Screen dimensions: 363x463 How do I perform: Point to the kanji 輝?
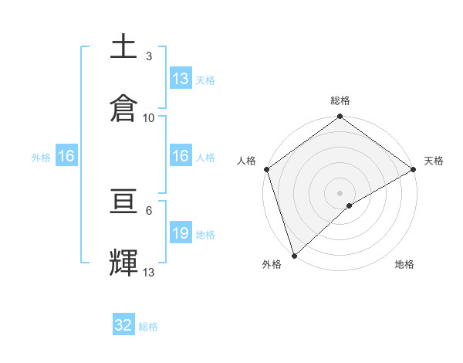[124, 262]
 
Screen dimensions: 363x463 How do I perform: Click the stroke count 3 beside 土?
[148, 56]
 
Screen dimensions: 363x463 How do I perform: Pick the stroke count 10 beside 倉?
[149, 117]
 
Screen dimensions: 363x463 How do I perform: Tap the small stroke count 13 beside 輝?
[149, 273]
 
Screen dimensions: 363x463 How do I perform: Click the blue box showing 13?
[181, 79]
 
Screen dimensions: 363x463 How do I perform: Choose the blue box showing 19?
[181, 234]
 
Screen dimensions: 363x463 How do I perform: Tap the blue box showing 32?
[123, 325]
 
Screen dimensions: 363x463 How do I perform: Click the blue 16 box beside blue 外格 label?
[66, 157]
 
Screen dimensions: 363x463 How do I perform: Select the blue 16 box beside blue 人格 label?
[181, 157]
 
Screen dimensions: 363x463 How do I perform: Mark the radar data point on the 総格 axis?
[340, 117]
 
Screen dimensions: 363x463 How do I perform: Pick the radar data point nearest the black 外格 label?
[294, 255]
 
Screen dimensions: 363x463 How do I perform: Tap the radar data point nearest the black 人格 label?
[266, 169]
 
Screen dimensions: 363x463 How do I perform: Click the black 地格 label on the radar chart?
[404, 265]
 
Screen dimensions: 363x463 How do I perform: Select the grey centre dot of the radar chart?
[340, 193]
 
